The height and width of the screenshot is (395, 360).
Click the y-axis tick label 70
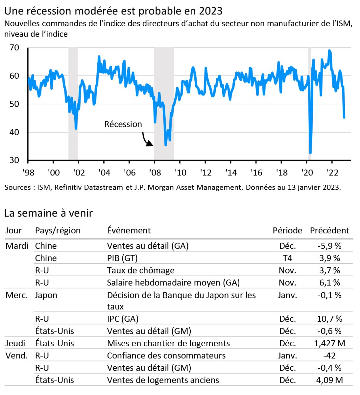[14, 48]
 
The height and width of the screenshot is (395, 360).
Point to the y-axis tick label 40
[14, 132]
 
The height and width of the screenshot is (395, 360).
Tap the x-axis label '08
[155, 172]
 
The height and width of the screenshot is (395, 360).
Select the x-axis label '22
[332, 172]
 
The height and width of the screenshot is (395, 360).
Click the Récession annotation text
[123, 124]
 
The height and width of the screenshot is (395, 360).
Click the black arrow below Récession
[147, 140]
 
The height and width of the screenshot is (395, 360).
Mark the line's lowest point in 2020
[310, 153]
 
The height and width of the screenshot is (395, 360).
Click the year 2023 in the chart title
[210, 11]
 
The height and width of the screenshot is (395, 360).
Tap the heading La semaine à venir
[49, 213]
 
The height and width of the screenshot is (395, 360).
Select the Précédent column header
[329, 230]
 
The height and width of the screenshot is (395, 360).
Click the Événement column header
[129, 230]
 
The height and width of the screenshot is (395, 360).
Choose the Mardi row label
[17, 246]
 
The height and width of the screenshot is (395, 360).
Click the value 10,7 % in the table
[330, 319]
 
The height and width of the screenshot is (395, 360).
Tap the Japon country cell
[46, 295]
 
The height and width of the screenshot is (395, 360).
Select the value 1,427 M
[330, 343]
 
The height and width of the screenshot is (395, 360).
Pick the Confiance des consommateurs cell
[166, 355]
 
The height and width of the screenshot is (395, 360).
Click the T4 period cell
[287, 258]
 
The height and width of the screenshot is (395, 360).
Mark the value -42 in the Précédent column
[330, 355]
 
